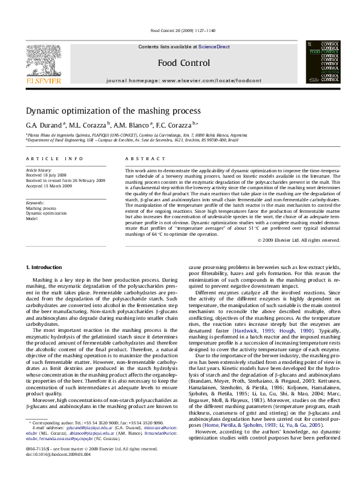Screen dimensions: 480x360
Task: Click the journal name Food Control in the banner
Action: click(x=179, y=62)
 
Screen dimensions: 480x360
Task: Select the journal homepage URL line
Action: click(x=184, y=80)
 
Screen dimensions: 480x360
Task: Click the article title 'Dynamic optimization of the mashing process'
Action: click(x=113, y=111)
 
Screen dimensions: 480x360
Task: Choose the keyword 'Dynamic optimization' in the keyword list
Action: click(x=46, y=213)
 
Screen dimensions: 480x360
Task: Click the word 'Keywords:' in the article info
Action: click(x=35, y=203)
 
